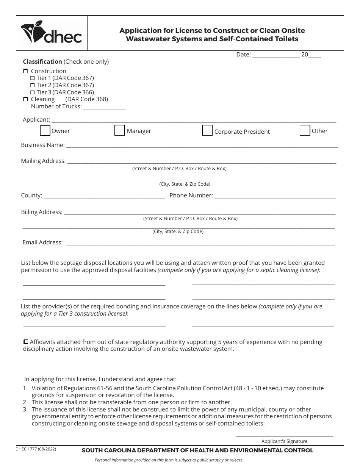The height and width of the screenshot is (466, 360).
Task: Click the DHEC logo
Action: point(52,33)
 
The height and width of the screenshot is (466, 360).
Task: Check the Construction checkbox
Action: point(26,71)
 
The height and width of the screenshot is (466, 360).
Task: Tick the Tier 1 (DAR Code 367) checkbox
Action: point(33,78)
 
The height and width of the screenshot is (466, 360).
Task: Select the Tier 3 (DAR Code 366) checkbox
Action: point(33,92)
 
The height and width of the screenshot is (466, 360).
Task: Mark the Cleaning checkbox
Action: point(26,99)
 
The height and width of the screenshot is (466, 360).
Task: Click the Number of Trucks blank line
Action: point(104,108)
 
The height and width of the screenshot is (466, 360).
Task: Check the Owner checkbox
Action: point(45,131)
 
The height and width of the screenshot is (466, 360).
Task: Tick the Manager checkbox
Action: point(120,130)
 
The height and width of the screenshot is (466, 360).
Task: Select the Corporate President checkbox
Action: point(207,130)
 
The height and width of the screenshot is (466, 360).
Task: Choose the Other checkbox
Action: point(305,130)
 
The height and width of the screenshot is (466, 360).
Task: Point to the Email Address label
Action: point(42,242)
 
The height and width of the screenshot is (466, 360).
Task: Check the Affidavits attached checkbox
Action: point(26,342)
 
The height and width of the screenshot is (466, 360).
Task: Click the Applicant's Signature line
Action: point(284,436)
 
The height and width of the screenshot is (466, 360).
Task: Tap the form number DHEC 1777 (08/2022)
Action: point(36,449)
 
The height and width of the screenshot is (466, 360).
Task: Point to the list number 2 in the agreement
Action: point(25,402)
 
